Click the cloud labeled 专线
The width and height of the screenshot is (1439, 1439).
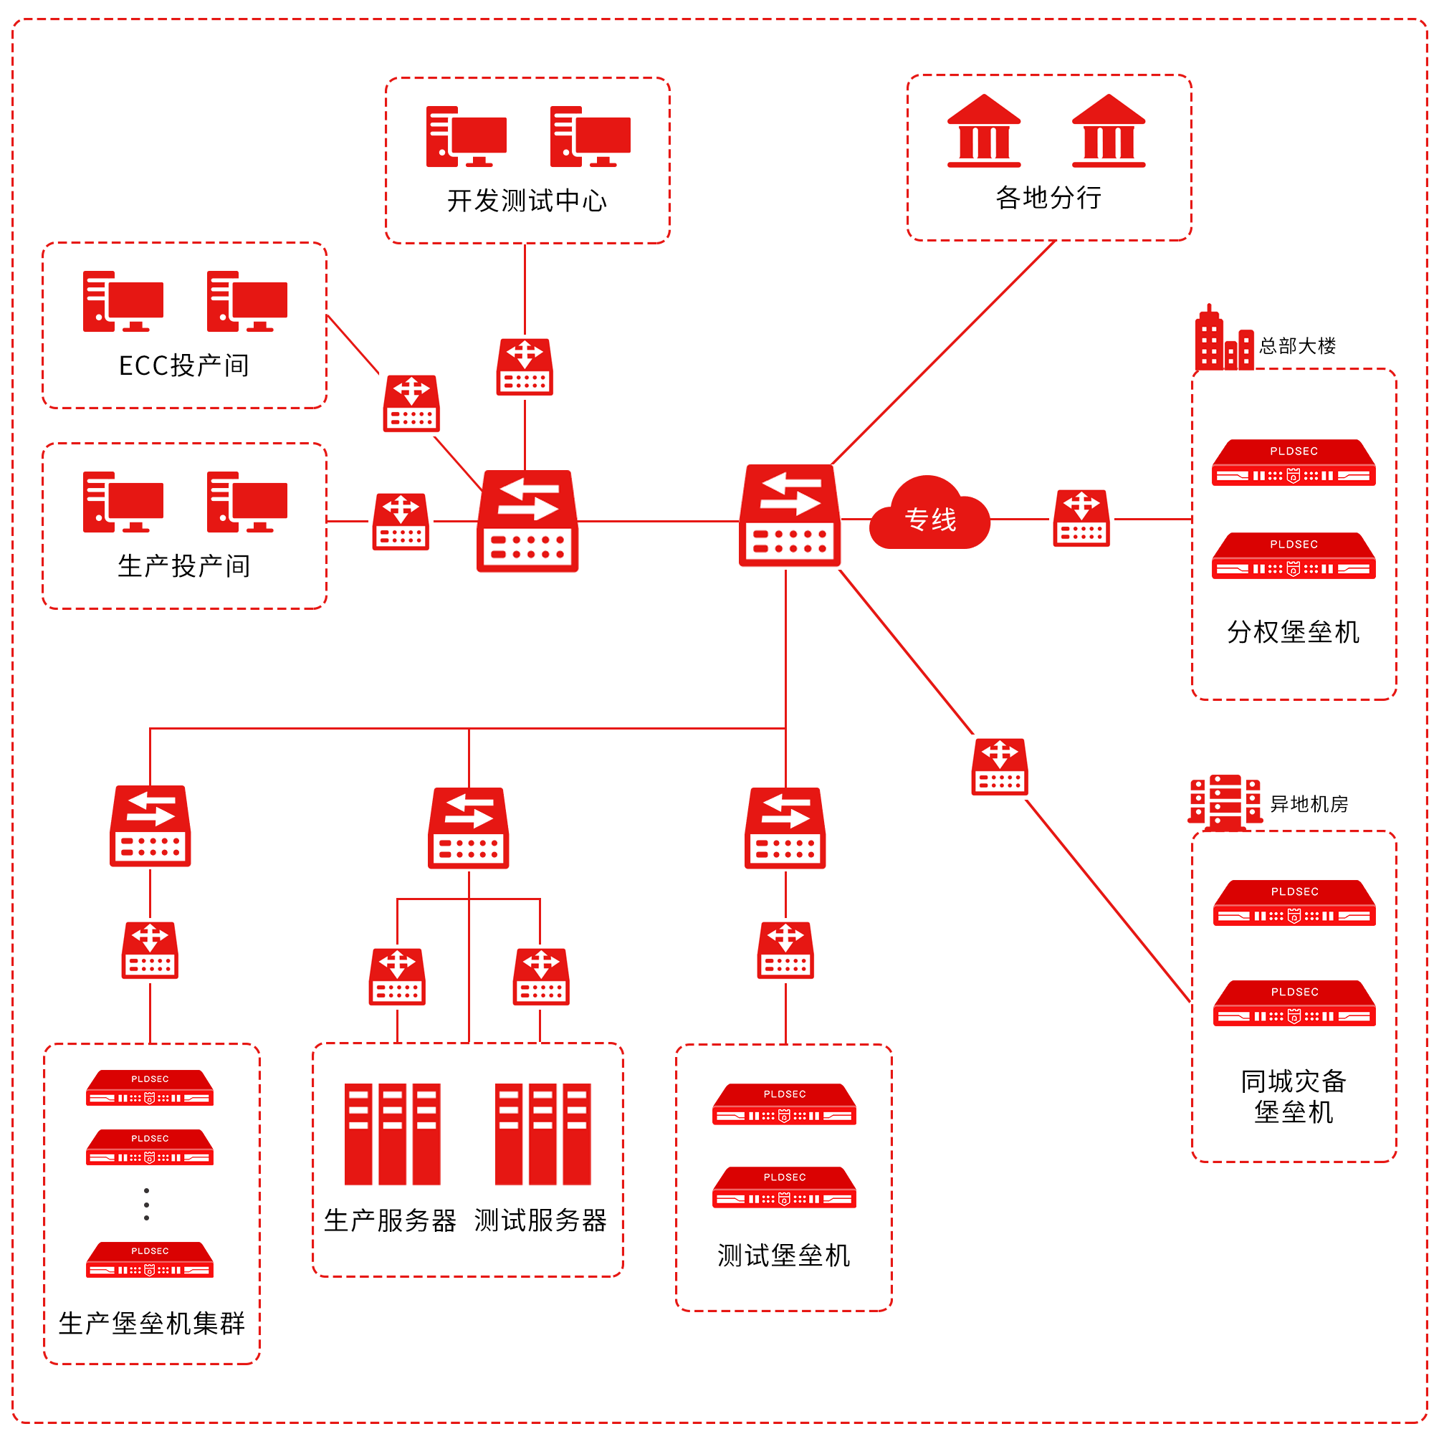click(x=929, y=515)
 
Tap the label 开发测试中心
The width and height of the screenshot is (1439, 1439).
click(x=527, y=201)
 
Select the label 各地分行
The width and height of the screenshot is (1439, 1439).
click(x=1048, y=197)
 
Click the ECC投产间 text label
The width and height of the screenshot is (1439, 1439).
click(x=184, y=365)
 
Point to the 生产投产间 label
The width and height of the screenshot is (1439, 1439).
click(x=184, y=566)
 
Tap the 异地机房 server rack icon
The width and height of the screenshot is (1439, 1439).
click(x=1225, y=802)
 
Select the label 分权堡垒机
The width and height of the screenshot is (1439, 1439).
click(x=1293, y=631)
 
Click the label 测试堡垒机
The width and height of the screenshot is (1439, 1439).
click(x=783, y=1255)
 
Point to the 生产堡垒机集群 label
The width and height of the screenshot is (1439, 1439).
click(x=151, y=1324)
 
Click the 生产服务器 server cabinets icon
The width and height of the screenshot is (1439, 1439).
click(x=392, y=1134)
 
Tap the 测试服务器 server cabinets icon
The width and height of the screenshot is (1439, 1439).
click(x=542, y=1134)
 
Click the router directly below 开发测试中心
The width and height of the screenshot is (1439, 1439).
click(x=525, y=366)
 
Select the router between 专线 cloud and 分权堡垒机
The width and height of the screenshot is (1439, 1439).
click(x=1081, y=517)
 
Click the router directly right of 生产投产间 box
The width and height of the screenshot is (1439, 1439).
click(x=401, y=522)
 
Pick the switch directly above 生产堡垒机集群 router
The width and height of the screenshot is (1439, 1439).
click(x=150, y=826)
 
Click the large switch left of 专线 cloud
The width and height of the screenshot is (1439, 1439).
click(x=790, y=515)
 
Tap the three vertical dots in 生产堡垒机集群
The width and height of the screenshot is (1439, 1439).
click(x=147, y=1205)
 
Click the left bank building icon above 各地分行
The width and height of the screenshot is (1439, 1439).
click(x=983, y=131)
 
